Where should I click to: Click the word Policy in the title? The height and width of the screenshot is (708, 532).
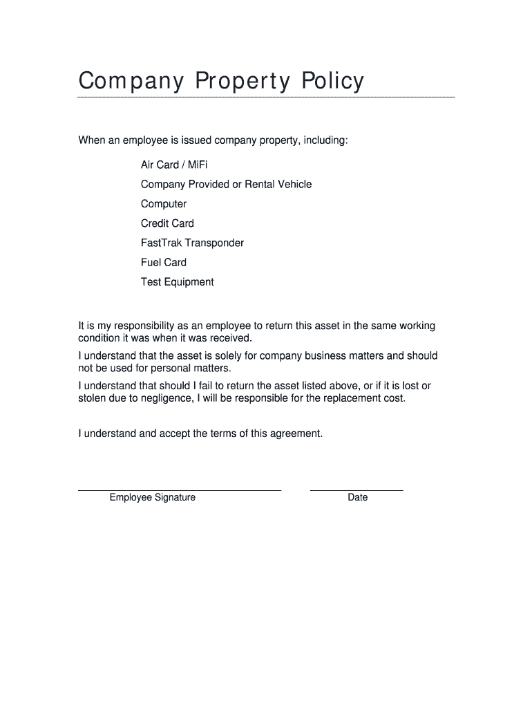[x=332, y=82]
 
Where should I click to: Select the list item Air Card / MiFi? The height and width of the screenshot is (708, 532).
[x=174, y=165]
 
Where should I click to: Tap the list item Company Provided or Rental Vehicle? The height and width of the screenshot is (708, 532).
[x=226, y=184]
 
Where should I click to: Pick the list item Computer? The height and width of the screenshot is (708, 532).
[x=164, y=204]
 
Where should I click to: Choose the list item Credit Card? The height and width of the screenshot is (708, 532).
[x=167, y=223]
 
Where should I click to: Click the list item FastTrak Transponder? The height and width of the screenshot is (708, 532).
[x=192, y=243]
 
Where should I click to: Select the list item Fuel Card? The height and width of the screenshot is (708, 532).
[x=164, y=262]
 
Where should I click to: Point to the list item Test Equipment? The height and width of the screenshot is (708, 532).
[x=178, y=281]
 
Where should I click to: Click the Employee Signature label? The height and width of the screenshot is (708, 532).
[x=152, y=497]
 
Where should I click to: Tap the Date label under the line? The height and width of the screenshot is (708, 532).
[x=358, y=497]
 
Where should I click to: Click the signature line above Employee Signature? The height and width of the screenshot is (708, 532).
[x=180, y=490]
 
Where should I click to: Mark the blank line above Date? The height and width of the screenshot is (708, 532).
[x=357, y=490]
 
